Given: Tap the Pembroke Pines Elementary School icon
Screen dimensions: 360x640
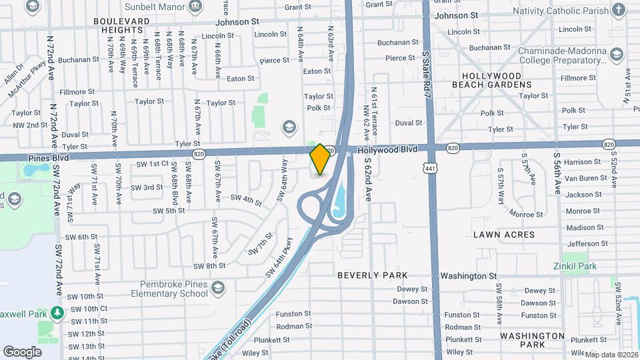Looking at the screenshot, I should (x=217, y=289).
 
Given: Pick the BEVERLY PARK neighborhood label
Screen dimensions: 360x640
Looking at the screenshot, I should (x=372, y=275).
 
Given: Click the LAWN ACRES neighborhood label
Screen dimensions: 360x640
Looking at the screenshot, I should (x=504, y=235).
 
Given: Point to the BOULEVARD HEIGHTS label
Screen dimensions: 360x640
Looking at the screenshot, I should (x=121, y=26).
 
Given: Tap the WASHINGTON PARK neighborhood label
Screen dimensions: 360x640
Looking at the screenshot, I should (x=532, y=341).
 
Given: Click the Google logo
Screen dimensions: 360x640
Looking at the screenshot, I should (x=23, y=351).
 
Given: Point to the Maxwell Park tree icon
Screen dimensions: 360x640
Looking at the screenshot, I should (x=58, y=312).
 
